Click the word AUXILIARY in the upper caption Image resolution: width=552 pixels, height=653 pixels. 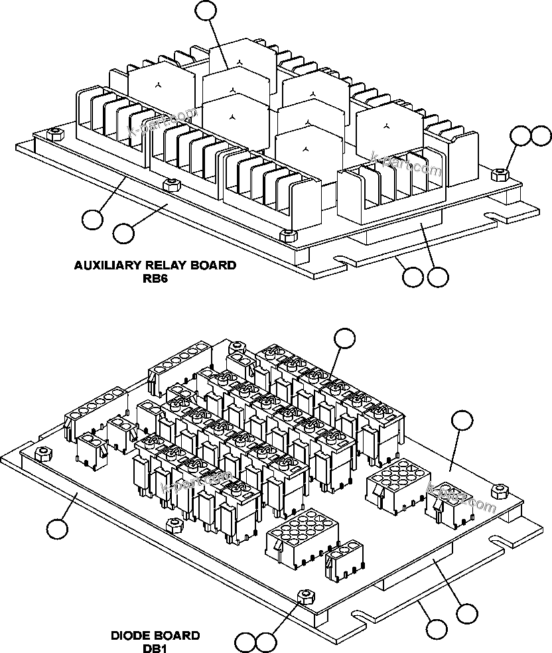105,265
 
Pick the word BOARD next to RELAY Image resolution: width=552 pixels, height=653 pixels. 210,265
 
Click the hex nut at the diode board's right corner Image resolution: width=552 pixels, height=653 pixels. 498,490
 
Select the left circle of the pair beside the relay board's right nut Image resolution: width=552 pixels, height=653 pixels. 521,137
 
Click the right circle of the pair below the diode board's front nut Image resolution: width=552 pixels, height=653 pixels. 266,642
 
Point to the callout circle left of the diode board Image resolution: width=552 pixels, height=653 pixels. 57,529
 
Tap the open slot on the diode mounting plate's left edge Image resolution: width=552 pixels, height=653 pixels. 27,446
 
